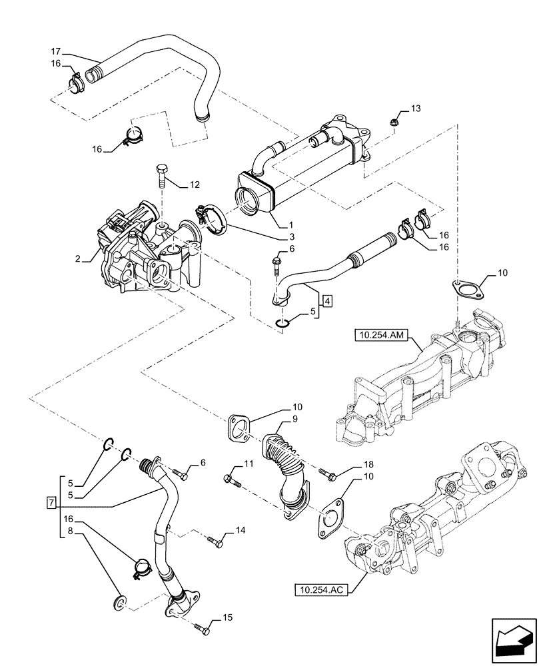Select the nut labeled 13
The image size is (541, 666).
coord(394,122)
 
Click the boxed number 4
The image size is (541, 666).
coord(327,300)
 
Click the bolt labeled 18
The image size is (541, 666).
coord(326,474)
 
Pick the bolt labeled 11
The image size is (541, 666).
coord(229,477)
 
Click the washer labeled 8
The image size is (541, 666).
coord(121,603)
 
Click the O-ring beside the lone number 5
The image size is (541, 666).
coord(282,324)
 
